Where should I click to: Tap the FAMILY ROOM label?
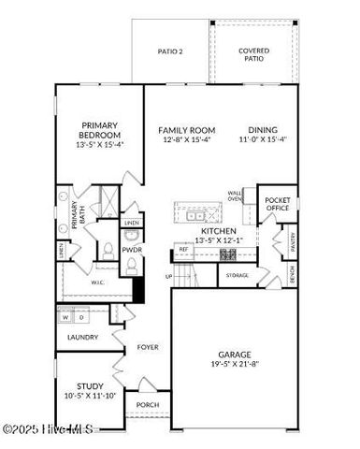coord(187,130)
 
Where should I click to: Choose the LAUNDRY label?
coord(82,337)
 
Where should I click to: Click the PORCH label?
coord(148,406)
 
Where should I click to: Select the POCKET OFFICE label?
coord(278,205)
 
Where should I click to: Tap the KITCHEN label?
coord(219,230)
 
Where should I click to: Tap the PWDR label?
coord(131,250)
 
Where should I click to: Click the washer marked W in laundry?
coord(65,317)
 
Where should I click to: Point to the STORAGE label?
coord(238,275)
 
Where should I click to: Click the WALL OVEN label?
coord(235,196)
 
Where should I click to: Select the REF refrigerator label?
coord(183,250)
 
